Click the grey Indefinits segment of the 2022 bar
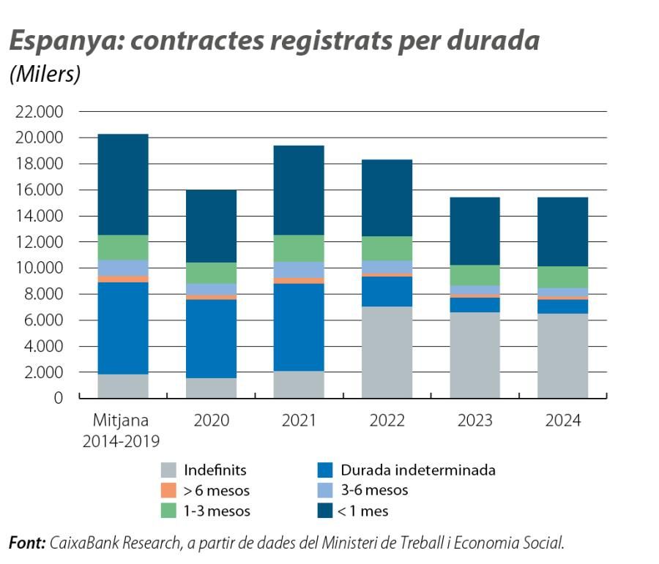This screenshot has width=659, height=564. pyautogui.click(x=387, y=353)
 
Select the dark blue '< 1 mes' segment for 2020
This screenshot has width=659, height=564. pyautogui.click(x=211, y=226)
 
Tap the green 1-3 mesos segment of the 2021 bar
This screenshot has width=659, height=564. pyautogui.click(x=299, y=248)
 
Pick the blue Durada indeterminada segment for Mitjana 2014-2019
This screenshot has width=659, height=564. pyautogui.click(x=123, y=328)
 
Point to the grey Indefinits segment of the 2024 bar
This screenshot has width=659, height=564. pyautogui.click(x=562, y=356)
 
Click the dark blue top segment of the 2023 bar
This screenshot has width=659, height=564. pyautogui.click(x=474, y=231)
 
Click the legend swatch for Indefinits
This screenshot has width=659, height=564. pyautogui.click(x=168, y=470)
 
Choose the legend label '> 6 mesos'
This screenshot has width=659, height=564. pyautogui.click(x=217, y=491)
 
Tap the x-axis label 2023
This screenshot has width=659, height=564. pyautogui.click(x=474, y=421)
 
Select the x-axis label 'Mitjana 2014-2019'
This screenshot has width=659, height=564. pyautogui.click(x=123, y=431)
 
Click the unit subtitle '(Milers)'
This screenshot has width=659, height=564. pyautogui.click(x=45, y=75)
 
